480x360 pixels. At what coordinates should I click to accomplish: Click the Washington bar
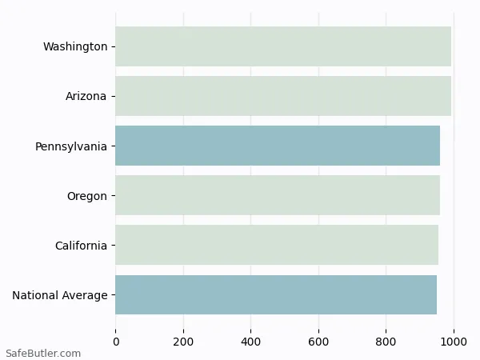point(283,46)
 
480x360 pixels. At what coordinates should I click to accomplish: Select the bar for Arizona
point(283,96)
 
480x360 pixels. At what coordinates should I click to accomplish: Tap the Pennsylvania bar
point(278,146)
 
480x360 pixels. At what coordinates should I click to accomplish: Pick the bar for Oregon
point(278,195)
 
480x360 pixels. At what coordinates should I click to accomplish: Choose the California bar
point(277,245)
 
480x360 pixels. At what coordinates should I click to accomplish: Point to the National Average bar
point(276,294)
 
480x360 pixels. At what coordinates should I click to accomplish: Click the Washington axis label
point(75,46)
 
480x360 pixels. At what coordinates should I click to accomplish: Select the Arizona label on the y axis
point(86,96)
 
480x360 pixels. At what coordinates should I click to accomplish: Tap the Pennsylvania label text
point(71,146)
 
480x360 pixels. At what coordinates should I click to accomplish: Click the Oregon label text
point(87,196)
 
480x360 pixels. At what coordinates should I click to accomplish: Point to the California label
point(81,246)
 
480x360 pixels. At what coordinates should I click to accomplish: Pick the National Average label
point(60,295)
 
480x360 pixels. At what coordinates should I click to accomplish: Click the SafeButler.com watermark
point(43,353)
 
